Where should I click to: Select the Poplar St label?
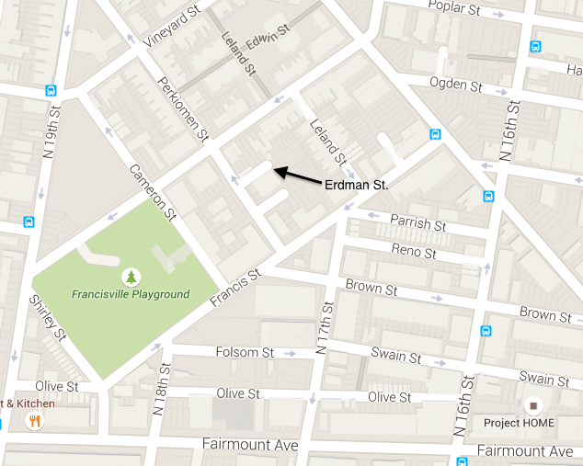pyautogui.click(x=455, y=8)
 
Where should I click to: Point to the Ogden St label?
pyautogui.click(x=456, y=85)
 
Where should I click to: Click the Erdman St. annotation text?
pyautogui.click(x=358, y=185)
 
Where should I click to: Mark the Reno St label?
pyautogui.click(x=413, y=252)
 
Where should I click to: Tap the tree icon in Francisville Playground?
pyautogui.click(x=131, y=277)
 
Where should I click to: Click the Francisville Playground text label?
pyautogui.click(x=131, y=295)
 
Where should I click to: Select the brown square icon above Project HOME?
pyautogui.click(x=533, y=405)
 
